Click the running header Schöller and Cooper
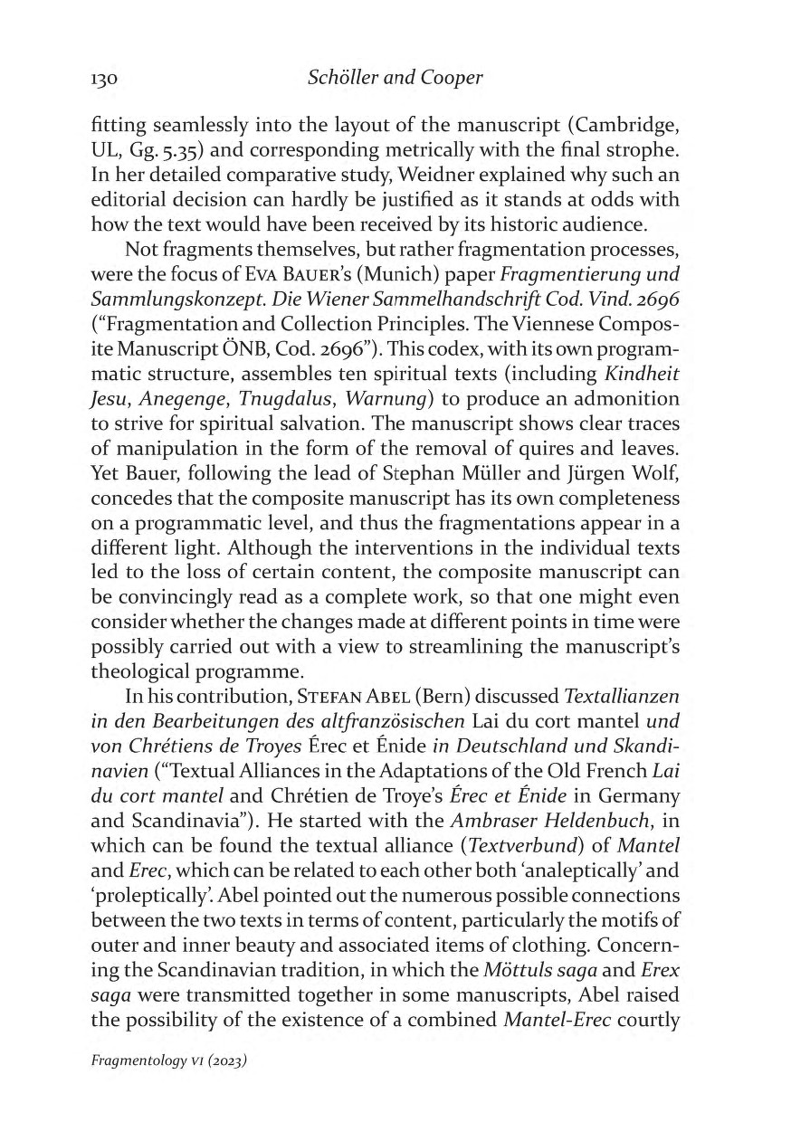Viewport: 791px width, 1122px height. tap(395, 78)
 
